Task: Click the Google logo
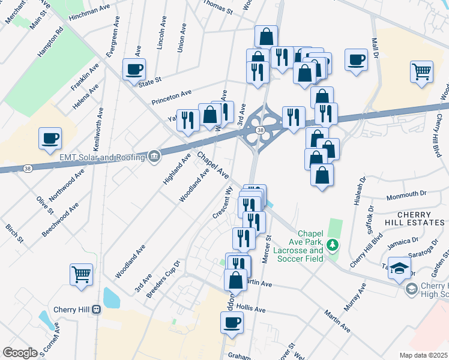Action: coord(20,353)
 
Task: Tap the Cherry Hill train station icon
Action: coord(96,310)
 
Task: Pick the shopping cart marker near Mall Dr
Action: coord(422,72)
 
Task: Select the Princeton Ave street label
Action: coord(171,95)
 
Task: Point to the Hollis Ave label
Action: coord(251,309)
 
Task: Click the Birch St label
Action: coord(15,235)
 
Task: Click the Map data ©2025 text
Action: coord(423,355)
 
